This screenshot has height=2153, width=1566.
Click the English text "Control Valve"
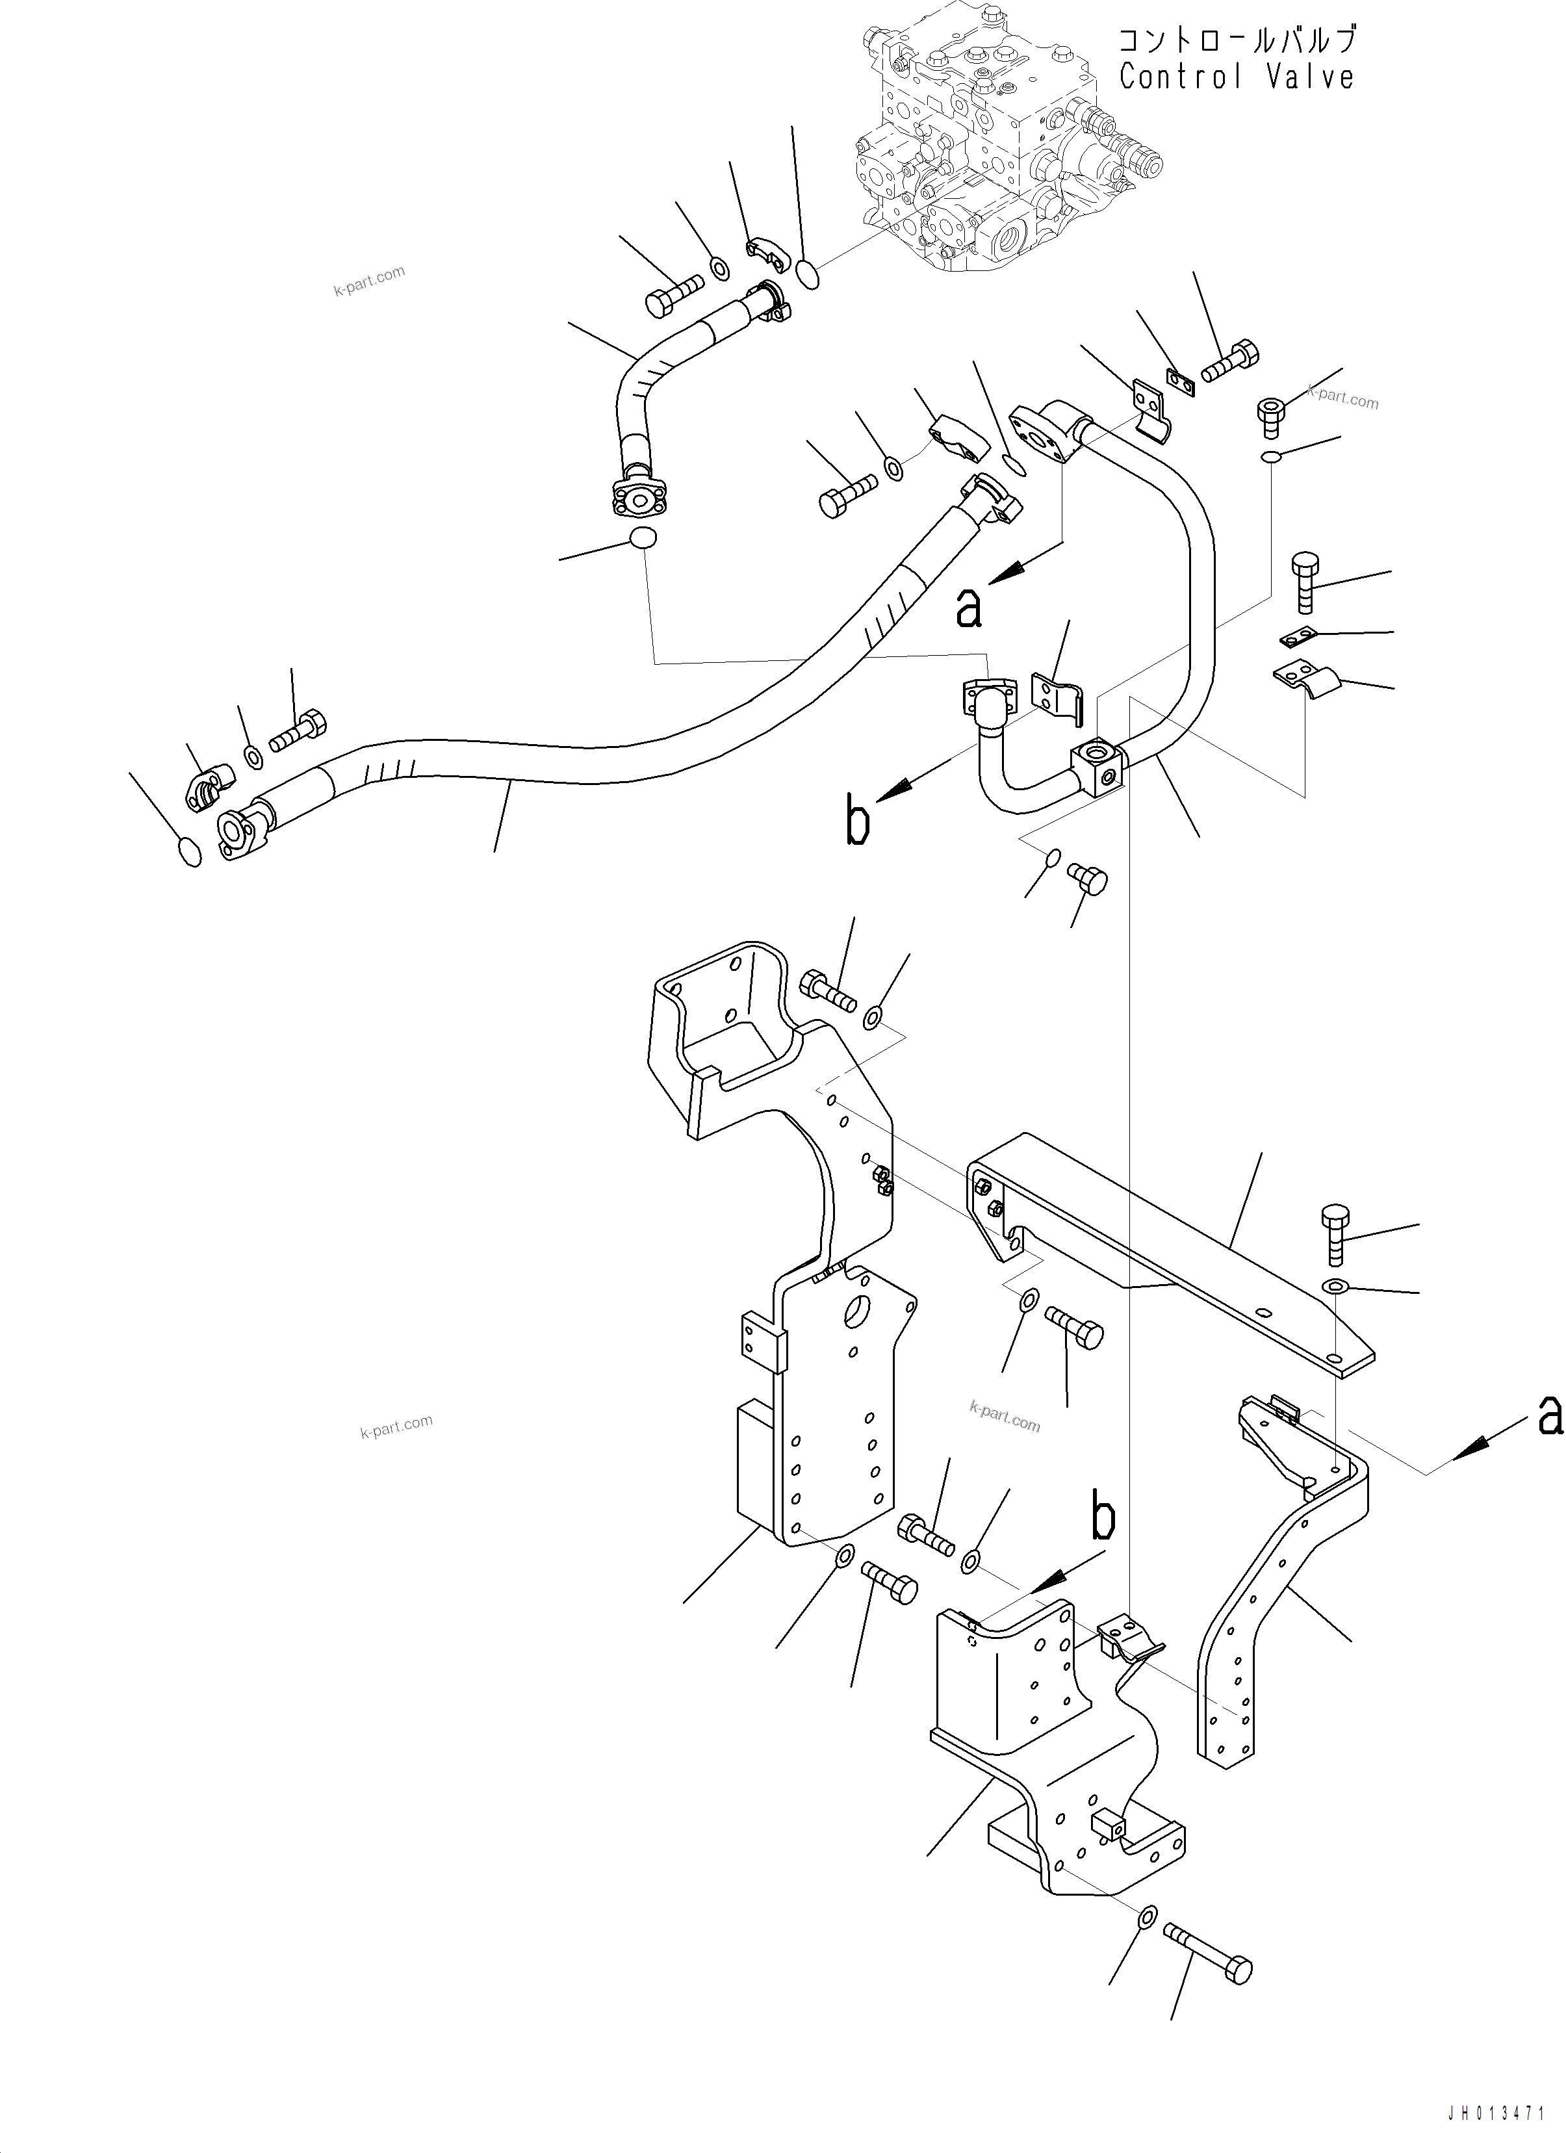coord(1236,77)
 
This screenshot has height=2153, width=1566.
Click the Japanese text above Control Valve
coord(1236,40)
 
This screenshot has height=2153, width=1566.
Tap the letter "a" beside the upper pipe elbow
coord(968,608)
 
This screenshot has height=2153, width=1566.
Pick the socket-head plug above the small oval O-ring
coord(1272,415)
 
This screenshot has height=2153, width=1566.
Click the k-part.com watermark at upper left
coord(369,280)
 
